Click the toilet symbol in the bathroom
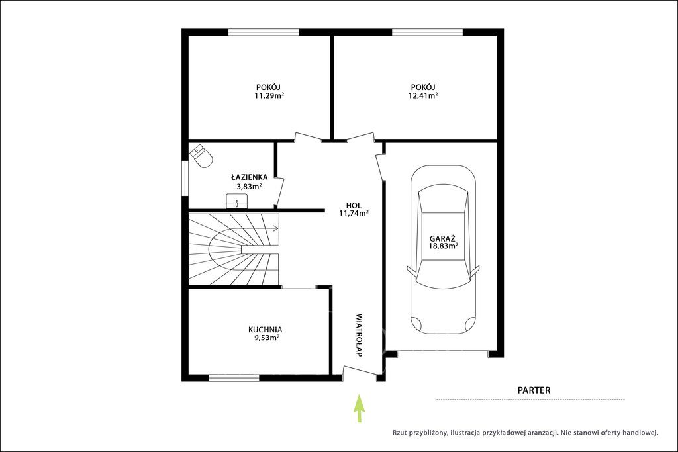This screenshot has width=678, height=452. click(x=201, y=156)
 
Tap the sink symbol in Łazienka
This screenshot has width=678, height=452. click(x=237, y=201)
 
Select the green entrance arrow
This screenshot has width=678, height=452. click(x=358, y=408)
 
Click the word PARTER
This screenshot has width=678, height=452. click(x=534, y=390)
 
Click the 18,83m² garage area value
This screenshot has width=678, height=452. click(x=443, y=246)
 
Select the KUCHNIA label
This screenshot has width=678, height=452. click(x=265, y=330)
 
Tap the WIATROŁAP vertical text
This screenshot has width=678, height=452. click(x=358, y=335)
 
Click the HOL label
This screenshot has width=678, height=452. click(x=354, y=206)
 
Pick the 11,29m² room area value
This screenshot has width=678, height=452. click(x=269, y=95)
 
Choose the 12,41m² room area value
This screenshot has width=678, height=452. click(x=423, y=95)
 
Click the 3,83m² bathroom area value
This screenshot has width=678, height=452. click(x=249, y=187)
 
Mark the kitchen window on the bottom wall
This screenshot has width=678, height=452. click(x=234, y=378)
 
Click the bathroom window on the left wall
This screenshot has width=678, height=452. click(x=185, y=178)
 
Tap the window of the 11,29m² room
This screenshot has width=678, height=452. click(x=264, y=32)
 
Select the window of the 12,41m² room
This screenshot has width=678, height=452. click(x=427, y=32)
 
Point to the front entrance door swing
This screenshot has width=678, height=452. click(x=359, y=372)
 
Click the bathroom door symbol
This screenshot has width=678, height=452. click(x=279, y=191)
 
